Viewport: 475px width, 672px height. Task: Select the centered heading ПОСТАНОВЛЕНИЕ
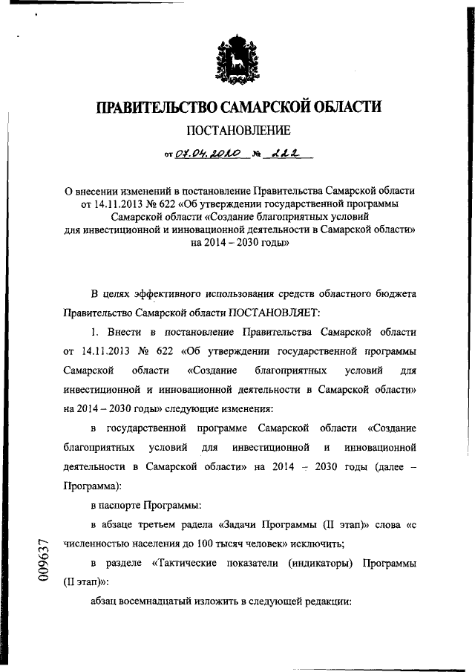(237, 132)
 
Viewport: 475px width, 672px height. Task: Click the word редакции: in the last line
(325, 602)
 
